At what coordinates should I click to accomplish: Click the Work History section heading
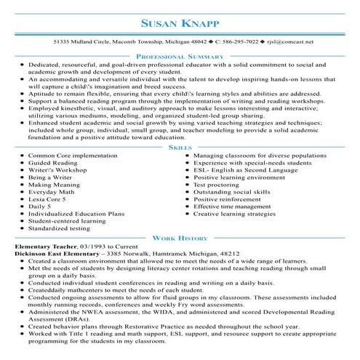click(x=180, y=238)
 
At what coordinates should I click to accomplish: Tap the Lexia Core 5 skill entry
click(x=49, y=219)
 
